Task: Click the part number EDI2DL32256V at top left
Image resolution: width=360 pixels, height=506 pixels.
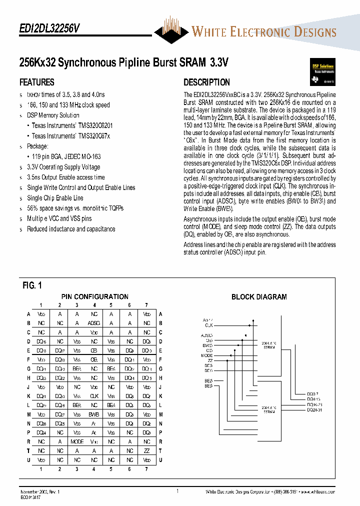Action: click(49, 29)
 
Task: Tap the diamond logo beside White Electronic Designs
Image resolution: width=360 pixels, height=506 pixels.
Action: click(171, 31)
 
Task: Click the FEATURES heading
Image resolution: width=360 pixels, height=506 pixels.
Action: click(37, 82)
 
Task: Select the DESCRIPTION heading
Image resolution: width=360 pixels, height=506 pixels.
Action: click(206, 82)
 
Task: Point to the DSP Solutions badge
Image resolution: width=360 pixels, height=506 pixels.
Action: click(320, 72)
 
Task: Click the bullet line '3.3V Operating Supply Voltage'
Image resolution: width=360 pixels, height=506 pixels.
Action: click(63, 167)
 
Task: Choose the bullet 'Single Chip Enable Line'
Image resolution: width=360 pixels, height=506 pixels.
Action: click(55, 198)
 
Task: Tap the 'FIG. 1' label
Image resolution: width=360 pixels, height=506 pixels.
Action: click(32, 286)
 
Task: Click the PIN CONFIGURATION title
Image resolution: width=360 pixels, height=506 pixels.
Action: click(94, 296)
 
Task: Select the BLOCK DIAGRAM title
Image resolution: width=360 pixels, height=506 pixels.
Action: click(259, 297)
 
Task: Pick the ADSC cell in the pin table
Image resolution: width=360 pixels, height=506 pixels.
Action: click(94, 323)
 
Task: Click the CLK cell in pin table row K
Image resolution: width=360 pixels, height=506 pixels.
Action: click(94, 395)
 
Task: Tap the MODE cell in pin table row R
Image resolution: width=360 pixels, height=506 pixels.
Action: click(77, 441)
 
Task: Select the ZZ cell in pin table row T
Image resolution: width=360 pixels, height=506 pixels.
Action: click(146, 450)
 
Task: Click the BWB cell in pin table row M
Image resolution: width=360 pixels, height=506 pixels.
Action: click(94, 414)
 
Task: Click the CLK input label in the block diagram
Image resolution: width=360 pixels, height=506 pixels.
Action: click(208, 325)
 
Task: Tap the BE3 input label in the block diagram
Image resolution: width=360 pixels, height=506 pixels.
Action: click(208, 386)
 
